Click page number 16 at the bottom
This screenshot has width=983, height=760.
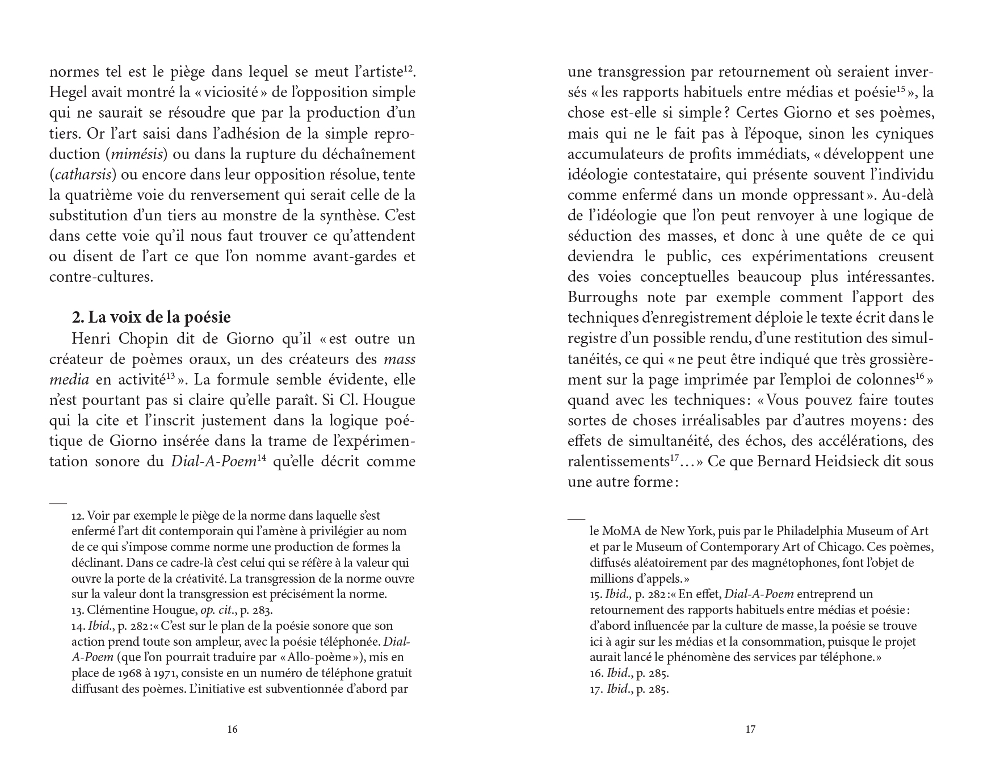(x=232, y=729)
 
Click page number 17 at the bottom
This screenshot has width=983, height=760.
(x=750, y=729)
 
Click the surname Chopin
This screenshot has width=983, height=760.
(x=144, y=339)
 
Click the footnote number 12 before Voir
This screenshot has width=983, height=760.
(x=78, y=516)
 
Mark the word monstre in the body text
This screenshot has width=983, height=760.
(x=261, y=215)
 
